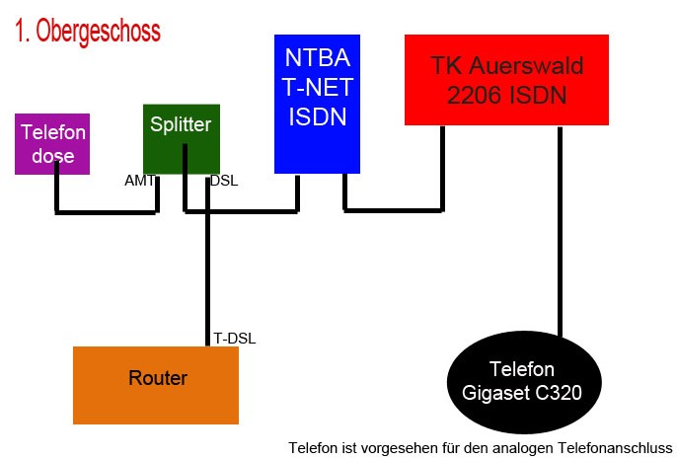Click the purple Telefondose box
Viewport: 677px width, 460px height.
point(52,144)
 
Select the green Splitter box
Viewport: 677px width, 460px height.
point(182,139)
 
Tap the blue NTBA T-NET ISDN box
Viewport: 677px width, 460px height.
point(318,104)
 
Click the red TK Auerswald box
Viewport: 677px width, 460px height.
point(506,80)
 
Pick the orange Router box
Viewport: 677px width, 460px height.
point(156,385)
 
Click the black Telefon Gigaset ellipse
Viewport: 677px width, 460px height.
point(524,382)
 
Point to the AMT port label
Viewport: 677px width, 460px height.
point(139,181)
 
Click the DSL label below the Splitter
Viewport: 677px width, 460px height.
point(224,181)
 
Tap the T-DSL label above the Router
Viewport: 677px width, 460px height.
point(235,339)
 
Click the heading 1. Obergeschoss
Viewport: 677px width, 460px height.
point(88,31)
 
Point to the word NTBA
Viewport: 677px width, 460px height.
point(318,57)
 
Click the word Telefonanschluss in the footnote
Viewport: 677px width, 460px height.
point(615,448)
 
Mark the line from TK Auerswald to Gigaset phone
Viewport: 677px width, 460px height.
point(560,231)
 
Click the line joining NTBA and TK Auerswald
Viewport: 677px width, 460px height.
point(394,210)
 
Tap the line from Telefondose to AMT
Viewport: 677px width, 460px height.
point(107,212)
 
